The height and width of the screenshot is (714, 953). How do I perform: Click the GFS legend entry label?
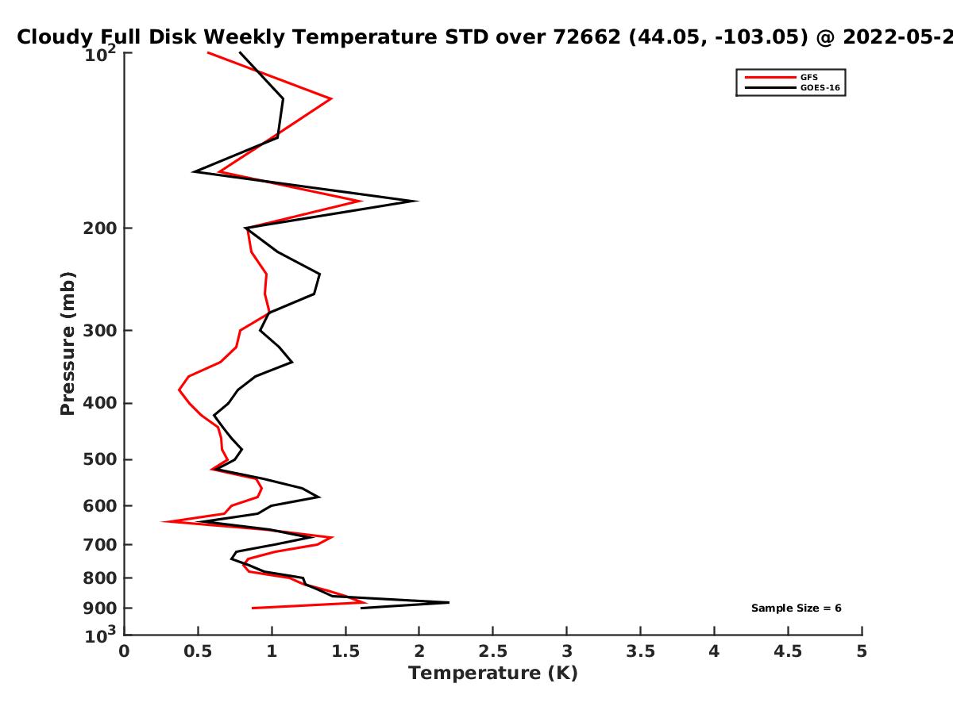pos(808,78)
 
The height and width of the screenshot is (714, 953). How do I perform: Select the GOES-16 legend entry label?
pos(820,88)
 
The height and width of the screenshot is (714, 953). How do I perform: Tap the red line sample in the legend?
pos(770,78)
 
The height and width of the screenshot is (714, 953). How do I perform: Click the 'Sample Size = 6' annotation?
pos(797,608)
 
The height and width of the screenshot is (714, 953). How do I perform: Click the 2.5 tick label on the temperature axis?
pos(493,651)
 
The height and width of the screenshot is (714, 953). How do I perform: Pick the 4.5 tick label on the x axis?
pos(788,651)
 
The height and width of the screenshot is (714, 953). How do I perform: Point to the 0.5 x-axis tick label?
pos(198,651)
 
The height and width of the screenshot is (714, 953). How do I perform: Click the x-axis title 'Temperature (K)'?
pos(493,674)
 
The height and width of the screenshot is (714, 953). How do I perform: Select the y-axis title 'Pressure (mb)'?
pos(68,344)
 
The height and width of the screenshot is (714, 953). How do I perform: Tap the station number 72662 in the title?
pos(587,37)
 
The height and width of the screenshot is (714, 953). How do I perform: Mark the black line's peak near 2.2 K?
pos(449,602)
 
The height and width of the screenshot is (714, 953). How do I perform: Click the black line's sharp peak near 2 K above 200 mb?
pos(418,201)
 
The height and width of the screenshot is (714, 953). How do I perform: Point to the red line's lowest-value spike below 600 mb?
pos(161,521)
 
